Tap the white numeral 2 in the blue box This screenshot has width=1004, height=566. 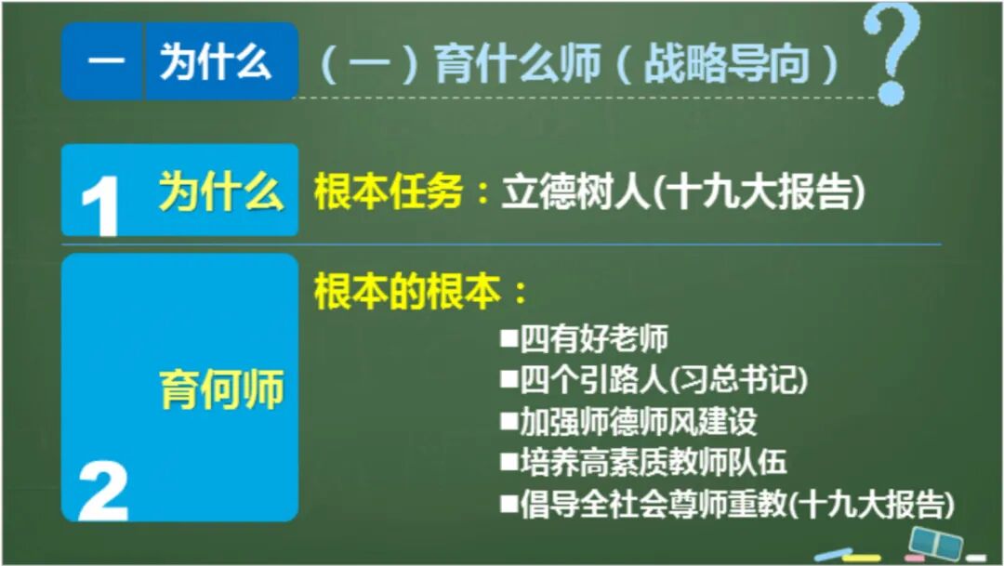click(103, 490)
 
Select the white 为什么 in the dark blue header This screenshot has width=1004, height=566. click(216, 61)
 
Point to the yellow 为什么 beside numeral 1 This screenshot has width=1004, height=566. click(221, 192)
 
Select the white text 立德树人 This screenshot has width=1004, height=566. click(572, 192)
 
